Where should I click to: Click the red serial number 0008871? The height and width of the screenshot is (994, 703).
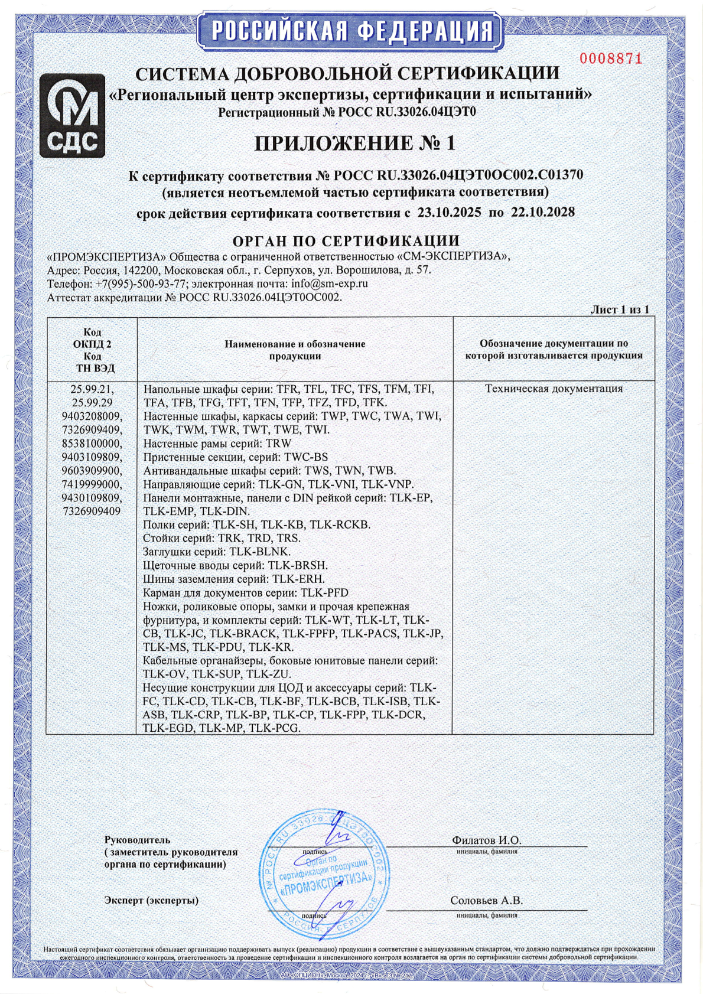pyautogui.click(x=610, y=58)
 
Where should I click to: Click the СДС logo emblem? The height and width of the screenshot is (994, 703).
pyautogui.click(x=72, y=116)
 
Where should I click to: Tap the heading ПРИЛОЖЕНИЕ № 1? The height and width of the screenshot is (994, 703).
pyautogui.click(x=355, y=144)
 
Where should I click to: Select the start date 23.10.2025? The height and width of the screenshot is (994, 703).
pyautogui.click(x=449, y=213)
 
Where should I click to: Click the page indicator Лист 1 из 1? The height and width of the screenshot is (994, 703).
pyautogui.click(x=620, y=309)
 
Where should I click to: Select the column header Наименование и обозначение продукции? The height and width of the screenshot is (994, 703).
pyautogui.click(x=295, y=350)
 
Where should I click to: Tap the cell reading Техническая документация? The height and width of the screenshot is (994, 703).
pyautogui.click(x=554, y=389)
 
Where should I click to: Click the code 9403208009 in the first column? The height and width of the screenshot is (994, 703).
pyautogui.click(x=92, y=416)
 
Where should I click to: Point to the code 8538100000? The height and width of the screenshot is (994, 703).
pyautogui.click(x=92, y=444)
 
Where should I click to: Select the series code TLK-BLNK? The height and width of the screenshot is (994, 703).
pyautogui.click(x=259, y=552)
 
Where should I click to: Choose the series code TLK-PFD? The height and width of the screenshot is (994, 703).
pyautogui.click(x=324, y=592)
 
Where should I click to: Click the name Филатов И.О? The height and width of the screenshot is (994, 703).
pyautogui.click(x=486, y=840)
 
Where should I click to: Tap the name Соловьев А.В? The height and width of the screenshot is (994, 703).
pyautogui.click(x=486, y=901)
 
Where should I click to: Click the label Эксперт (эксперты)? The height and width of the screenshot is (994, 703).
pyautogui.click(x=151, y=901)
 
